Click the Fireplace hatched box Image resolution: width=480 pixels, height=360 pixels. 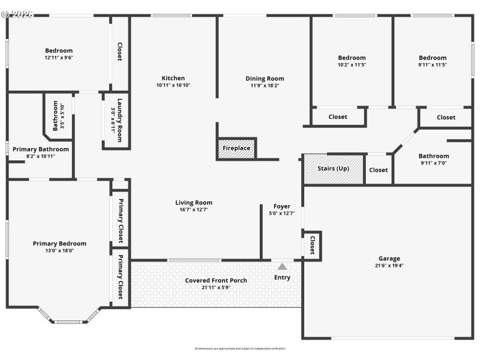pyautogui.click(x=236, y=148)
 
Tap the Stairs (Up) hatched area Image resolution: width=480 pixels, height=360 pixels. pyautogui.click(x=334, y=169)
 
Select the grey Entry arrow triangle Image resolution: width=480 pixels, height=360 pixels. pyautogui.click(x=282, y=266)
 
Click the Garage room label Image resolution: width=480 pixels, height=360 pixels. pyautogui.click(x=389, y=259)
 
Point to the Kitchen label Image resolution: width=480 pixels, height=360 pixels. pyautogui.click(x=173, y=78)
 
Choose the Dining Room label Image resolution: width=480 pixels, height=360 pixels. pyautogui.click(x=265, y=79)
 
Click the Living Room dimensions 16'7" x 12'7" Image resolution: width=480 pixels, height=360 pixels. pyautogui.click(x=193, y=210)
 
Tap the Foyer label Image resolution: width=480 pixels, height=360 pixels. pyautogui.click(x=282, y=206)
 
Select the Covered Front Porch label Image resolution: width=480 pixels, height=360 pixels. pyautogui.click(x=216, y=280)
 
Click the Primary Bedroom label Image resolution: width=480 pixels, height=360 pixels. pyautogui.click(x=59, y=244)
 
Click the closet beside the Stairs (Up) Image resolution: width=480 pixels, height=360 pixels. pyautogui.click(x=378, y=170)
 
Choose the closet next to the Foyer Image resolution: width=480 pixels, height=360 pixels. pyautogui.click(x=312, y=245)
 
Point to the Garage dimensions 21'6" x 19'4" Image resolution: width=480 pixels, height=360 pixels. pyautogui.click(x=389, y=266)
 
